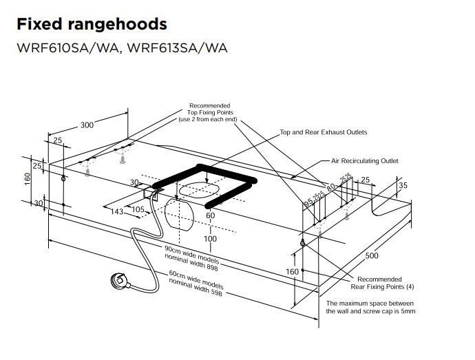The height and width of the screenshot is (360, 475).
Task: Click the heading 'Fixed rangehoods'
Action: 91,24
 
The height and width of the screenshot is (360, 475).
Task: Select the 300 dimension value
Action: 87,125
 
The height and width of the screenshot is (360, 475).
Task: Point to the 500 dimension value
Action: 372,255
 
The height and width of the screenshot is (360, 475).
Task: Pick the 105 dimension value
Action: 138,209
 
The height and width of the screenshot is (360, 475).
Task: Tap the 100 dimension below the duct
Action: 211,239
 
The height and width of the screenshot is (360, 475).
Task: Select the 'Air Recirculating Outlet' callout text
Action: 365,161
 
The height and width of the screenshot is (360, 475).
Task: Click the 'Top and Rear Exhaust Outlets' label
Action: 323,131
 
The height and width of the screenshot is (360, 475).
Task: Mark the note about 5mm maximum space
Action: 370,307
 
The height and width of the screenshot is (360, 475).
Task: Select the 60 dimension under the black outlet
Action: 211,215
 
